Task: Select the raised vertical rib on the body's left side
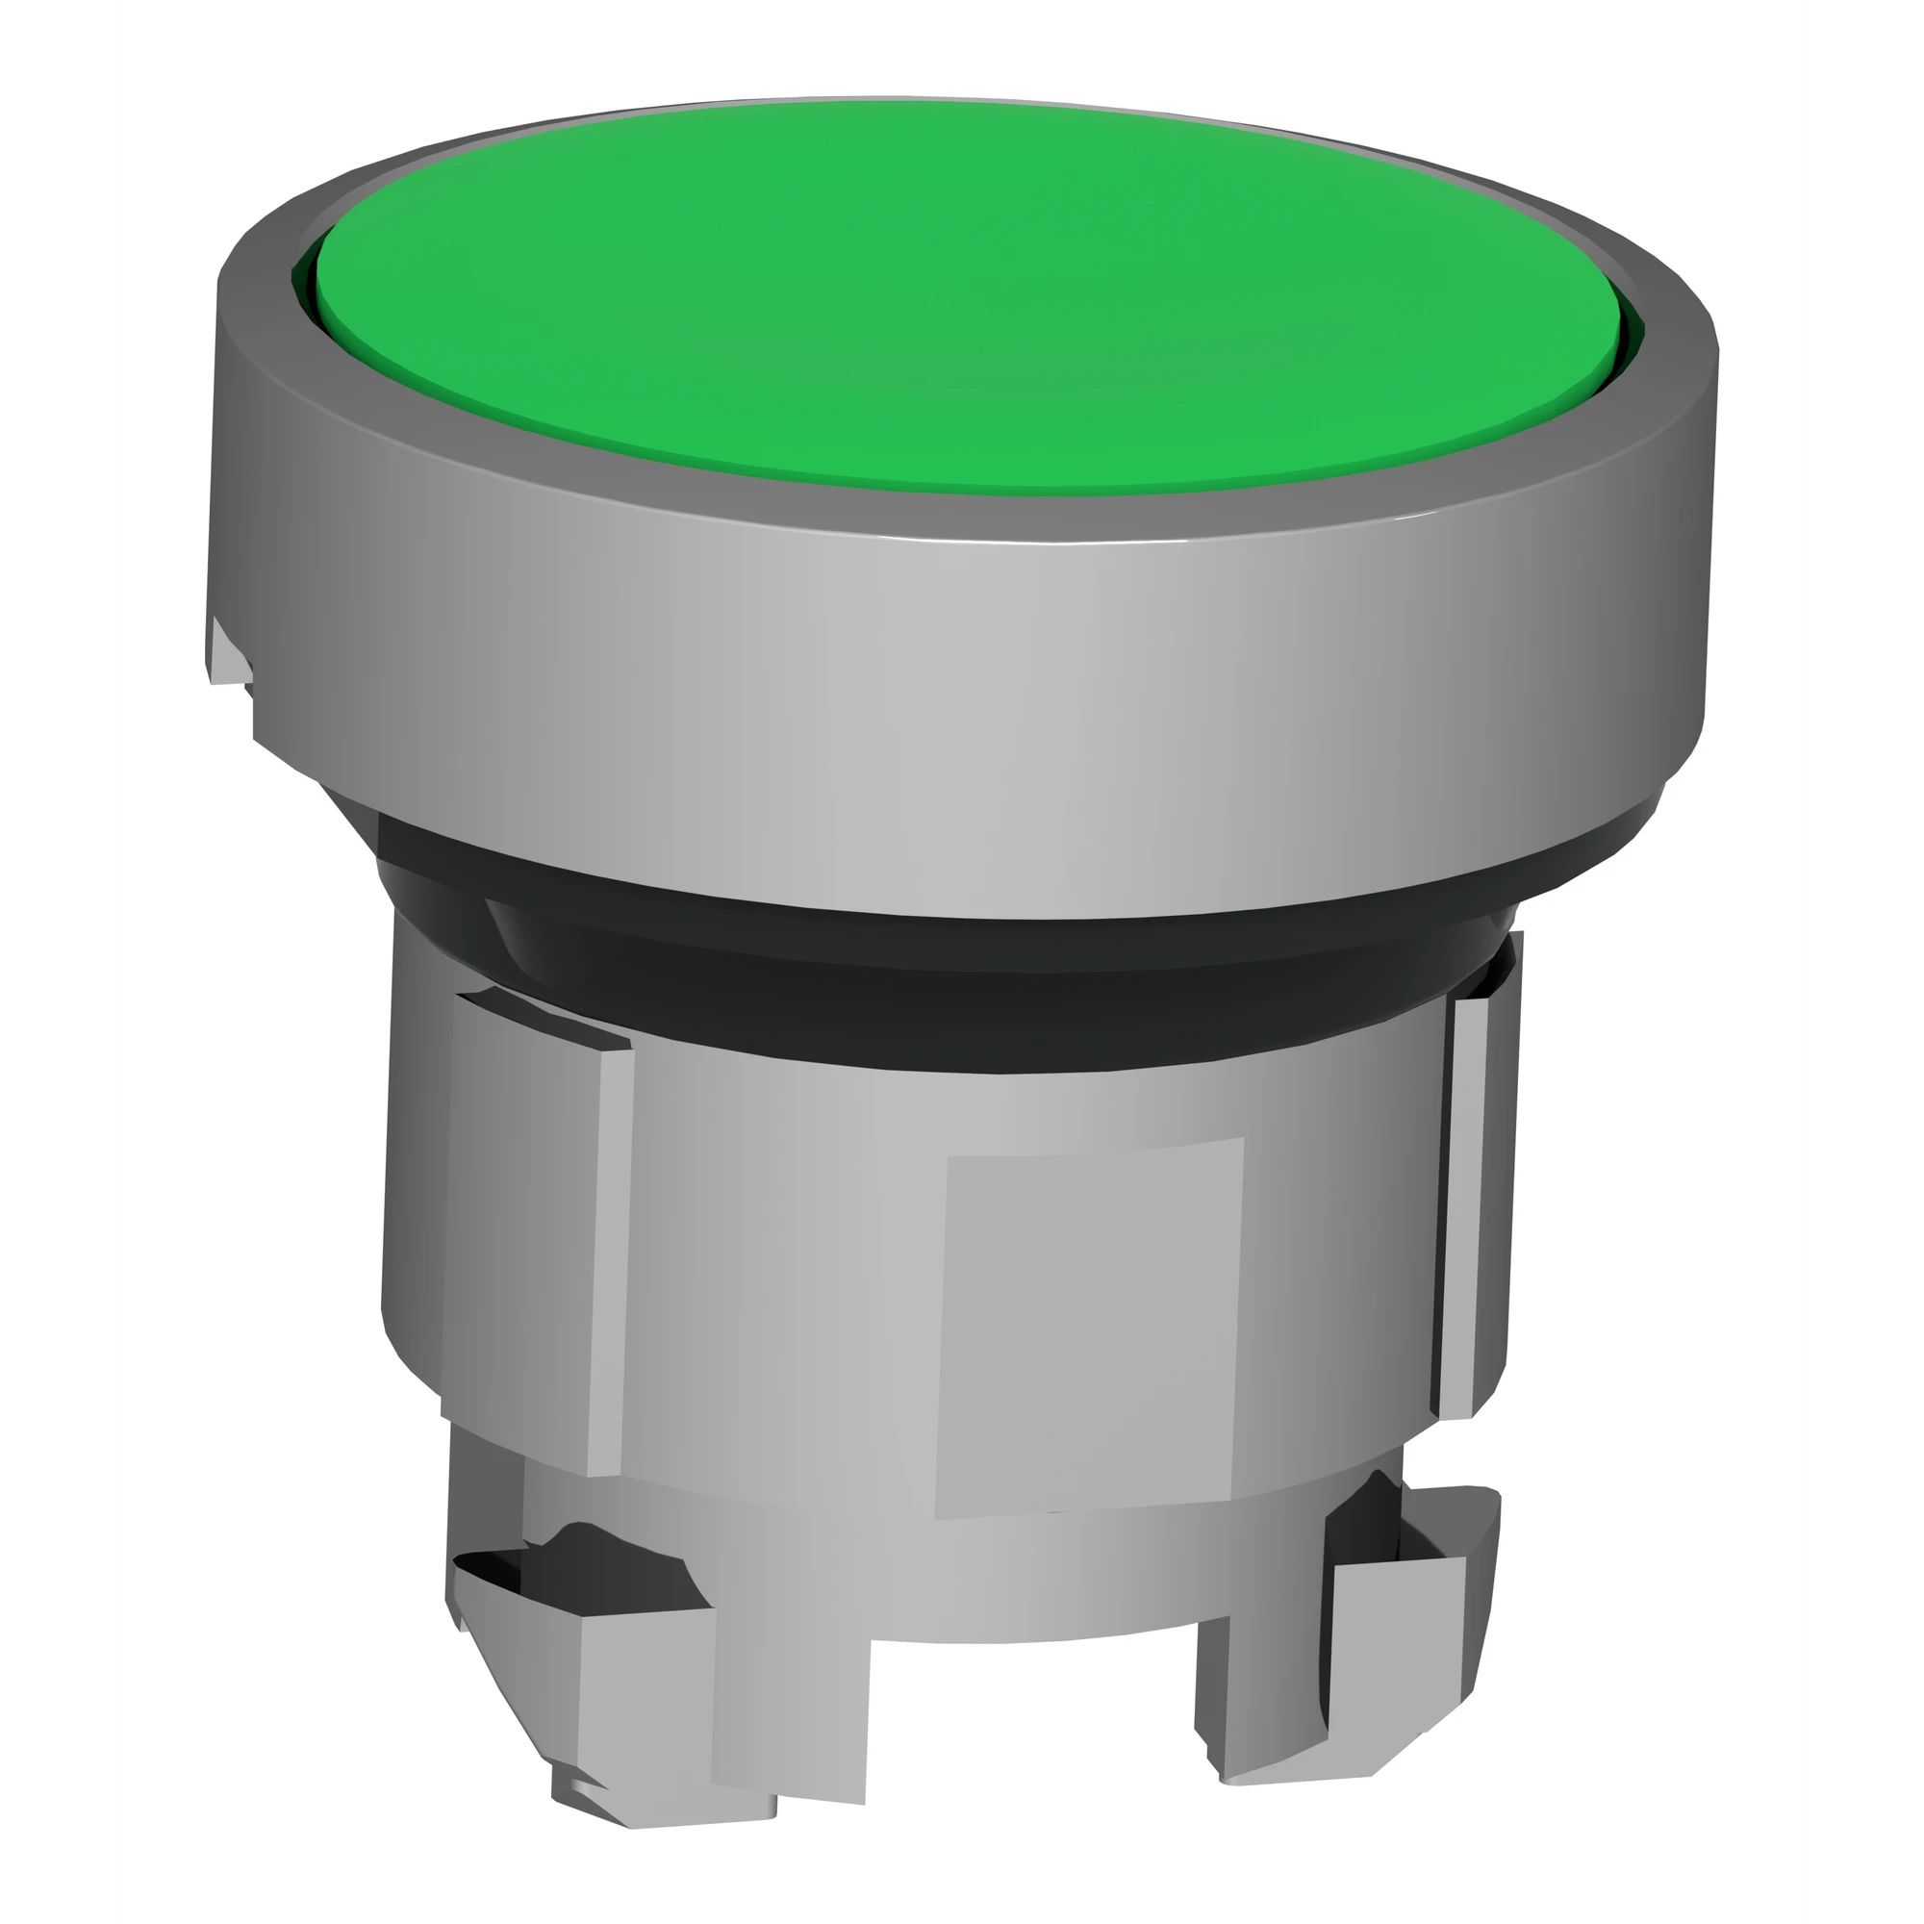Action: [x=528, y=1235]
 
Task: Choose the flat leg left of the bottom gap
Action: [x=787, y=1713]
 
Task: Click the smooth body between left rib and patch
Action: [x=776, y=1295]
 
